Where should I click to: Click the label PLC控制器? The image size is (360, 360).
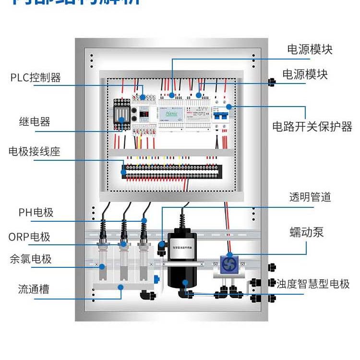tap(36, 78)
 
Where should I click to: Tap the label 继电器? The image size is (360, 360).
tap(35, 122)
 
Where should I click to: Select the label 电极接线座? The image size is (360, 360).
tap(35, 152)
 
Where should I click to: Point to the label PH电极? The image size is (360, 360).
tap(36, 212)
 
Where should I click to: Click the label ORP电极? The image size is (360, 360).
tap(29, 237)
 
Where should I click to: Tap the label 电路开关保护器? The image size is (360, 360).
tap(312, 127)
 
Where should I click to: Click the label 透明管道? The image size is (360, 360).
tap(310, 197)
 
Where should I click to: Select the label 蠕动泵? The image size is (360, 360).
tap(307, 233)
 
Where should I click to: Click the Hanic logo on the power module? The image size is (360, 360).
tap(171, 114)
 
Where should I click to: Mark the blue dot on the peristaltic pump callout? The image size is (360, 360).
tap(229, 255)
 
